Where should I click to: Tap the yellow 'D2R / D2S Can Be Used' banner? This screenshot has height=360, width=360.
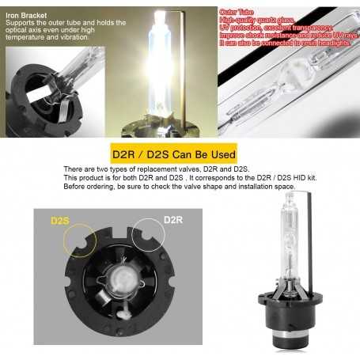point(180,153)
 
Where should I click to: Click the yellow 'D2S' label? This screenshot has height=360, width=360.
point(61,219)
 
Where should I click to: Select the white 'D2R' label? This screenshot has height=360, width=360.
point(172,219)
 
